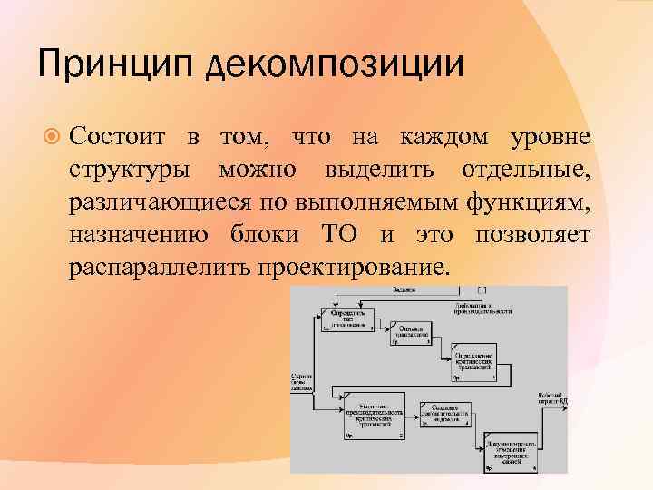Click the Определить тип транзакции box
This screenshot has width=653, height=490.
(346, 317)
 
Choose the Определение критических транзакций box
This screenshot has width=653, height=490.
(473, 361)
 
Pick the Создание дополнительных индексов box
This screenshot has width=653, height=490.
(443, 413)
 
